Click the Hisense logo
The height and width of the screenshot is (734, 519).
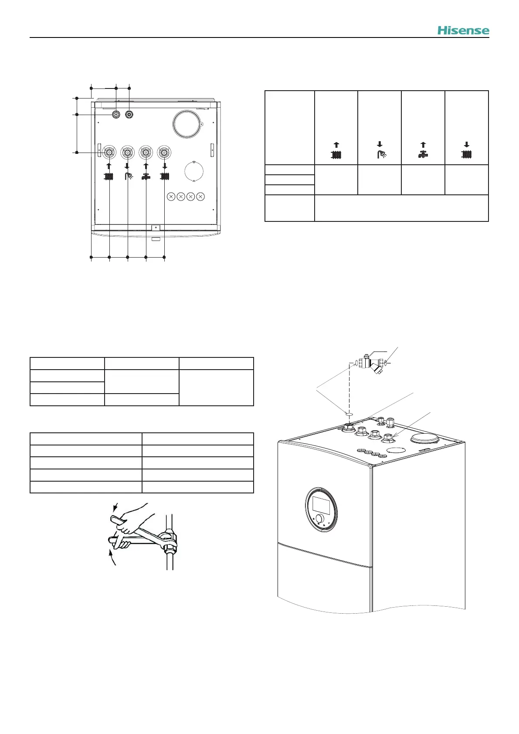tap(463, 31)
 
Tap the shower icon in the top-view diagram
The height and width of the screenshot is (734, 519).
tap(127, 176)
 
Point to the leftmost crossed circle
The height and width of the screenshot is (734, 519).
tap(171, 197)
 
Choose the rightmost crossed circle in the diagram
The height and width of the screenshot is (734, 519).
tap(200, 197)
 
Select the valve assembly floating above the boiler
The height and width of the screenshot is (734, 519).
tap(370, 364)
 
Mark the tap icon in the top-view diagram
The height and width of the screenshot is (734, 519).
tap(146, 177)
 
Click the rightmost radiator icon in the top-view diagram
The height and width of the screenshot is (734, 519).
tap(164, 177)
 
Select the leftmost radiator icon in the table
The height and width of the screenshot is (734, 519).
tap(336, 154)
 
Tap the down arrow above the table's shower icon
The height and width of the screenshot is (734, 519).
tap(380, 144)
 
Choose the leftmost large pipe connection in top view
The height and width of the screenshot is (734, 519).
tap(109, 153)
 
